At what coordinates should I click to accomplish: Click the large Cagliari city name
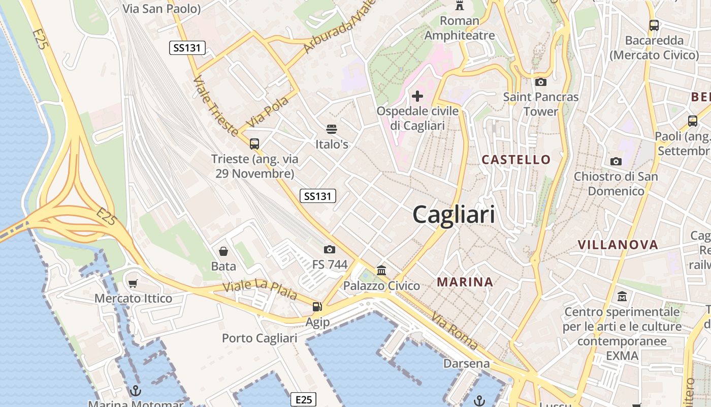454,215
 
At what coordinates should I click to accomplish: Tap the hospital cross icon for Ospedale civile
417,96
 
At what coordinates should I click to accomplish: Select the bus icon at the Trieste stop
254,144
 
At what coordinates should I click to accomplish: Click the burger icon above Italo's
332,129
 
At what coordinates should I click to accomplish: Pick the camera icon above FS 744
330,249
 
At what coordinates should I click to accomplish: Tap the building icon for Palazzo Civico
381,270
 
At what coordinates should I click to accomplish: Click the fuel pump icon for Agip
317,306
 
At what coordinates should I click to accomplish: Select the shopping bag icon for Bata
223,251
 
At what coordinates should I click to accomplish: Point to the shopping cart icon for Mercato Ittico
133,283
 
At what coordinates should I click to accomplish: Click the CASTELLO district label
516,160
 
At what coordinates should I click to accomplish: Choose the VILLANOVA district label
618,245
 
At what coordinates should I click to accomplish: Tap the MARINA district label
465,282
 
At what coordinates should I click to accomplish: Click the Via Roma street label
455,331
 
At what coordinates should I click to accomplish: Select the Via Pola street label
268,111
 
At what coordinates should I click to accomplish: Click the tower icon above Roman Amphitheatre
460,6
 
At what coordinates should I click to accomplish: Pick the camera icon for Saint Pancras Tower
541,82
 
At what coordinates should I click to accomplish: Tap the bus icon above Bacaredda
654,25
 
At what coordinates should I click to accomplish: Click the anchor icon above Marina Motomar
135,391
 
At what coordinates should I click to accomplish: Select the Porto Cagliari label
260,338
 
